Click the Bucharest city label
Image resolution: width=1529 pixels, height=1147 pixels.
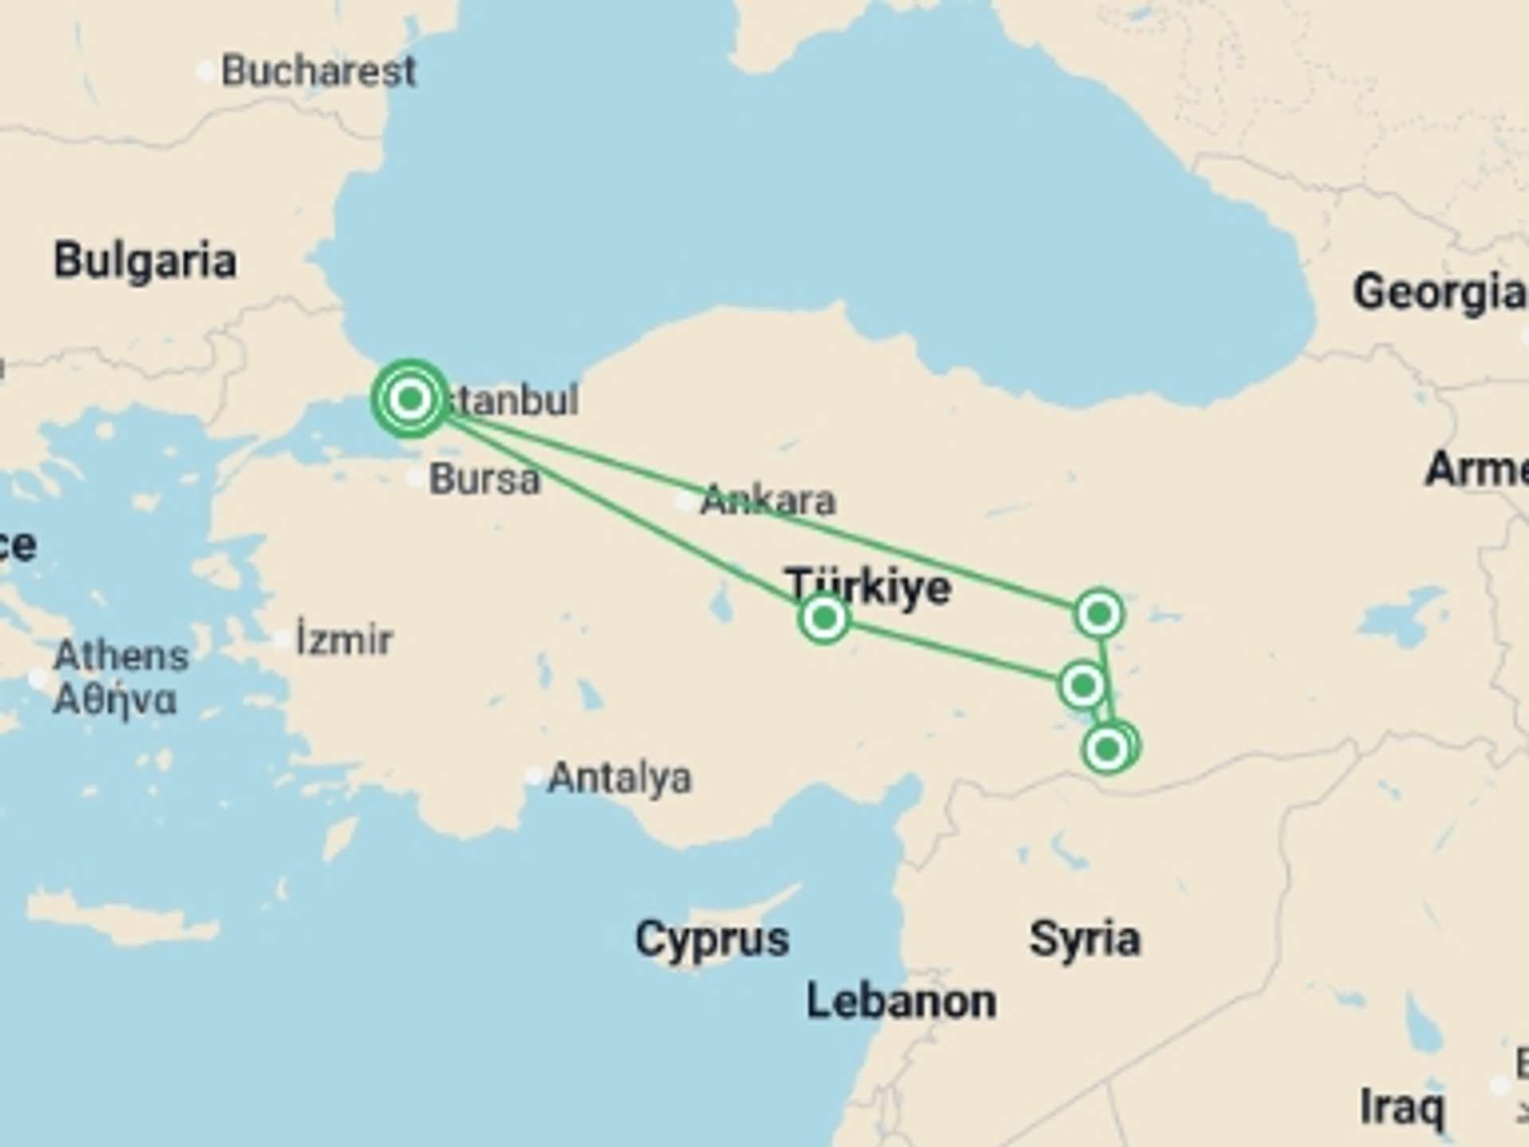tap(318, 72)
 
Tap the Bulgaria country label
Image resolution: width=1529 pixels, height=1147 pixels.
tap(145, 261)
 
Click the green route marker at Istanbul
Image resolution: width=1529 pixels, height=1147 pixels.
tap(410, 398)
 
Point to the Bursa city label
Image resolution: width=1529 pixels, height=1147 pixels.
tap(484, 480)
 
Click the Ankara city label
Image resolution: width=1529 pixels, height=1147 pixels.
tap(768, 501)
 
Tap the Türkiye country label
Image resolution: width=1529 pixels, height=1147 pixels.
tap(867, 587)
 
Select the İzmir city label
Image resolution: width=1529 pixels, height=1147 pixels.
tap(344, 640)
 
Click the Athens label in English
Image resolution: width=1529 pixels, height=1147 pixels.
tap(121, 656)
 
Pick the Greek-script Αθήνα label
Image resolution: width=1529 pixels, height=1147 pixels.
tap(115, 699)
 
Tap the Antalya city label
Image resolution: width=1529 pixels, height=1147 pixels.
tap(620, 778)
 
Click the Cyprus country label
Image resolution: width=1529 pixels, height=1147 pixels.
tap(712, 939)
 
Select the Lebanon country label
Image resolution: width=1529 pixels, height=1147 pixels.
tap(901, 1001)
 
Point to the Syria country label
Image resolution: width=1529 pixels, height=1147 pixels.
tap(1085, 939)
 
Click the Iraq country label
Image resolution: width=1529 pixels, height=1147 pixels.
tap(1401, 1106)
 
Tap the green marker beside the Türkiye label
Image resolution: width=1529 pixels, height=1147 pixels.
tap(824, 618)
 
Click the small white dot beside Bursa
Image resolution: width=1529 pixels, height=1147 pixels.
tap(416, 478)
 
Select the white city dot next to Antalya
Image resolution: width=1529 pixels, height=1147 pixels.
tap(534, 777)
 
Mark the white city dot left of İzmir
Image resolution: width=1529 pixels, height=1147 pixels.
tap(282, 640)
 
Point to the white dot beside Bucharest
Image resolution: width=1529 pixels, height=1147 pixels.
tap(205, 72)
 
